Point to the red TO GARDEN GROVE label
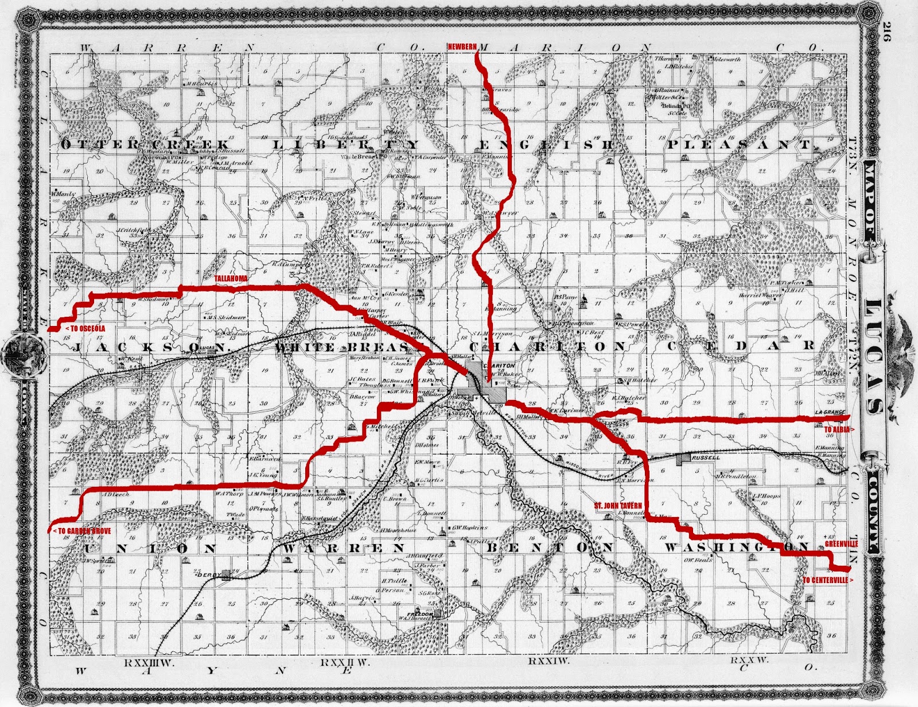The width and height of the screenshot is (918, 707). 81,531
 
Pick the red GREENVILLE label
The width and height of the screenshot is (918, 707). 841,543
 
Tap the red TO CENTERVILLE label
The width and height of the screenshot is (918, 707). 827,580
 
